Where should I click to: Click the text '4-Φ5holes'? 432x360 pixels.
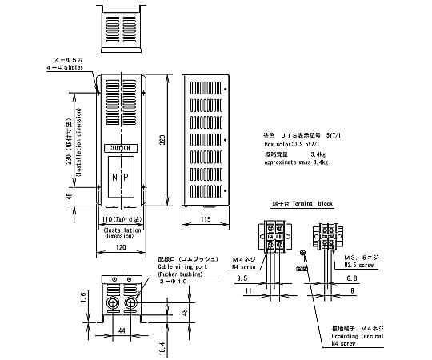pyautogui.click(x=81, y=68)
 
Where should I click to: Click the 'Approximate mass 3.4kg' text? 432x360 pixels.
pyautogui.click(x=296, y=162)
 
